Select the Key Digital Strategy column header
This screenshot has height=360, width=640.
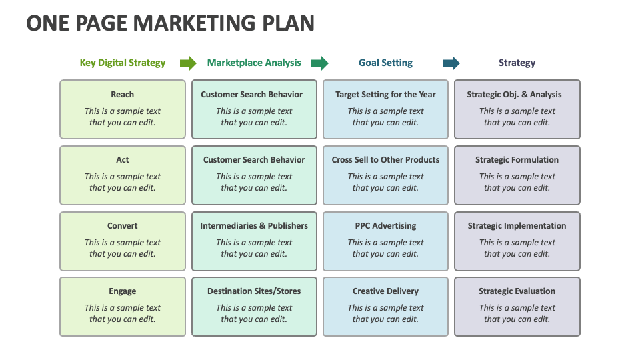click(x=123, y=63)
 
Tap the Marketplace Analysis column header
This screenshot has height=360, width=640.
click(x=254, y=63)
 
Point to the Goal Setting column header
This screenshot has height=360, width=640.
click(x=385, y=63)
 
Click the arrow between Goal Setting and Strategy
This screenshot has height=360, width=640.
click(x=451, y=63)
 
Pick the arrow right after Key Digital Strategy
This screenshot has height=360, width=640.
click(x=188, y=63)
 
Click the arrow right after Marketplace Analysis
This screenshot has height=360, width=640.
click(x=319, y=63)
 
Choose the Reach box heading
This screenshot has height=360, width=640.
click(x=123, y=94)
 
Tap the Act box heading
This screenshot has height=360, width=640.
click(x=123, y=159)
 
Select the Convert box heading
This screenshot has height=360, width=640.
click(x=123, y=226)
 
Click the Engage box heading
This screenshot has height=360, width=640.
click(x=123, y=291)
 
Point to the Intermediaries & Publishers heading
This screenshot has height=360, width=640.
click(x=254, y=226)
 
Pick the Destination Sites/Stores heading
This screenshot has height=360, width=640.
click(x=254, y=291)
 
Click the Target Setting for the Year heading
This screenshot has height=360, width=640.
click(x=385, y=95)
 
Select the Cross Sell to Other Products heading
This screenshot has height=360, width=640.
click(x=385, y=159)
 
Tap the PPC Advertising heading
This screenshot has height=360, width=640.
click(x=385, y=226)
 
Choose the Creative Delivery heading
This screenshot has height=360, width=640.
click(x=385, y=291)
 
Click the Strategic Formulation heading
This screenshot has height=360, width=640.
click(x=517, y=159)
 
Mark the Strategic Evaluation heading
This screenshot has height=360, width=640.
click(x=517, y=291)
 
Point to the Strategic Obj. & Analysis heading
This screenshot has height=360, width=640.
click(x=514, y=95)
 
